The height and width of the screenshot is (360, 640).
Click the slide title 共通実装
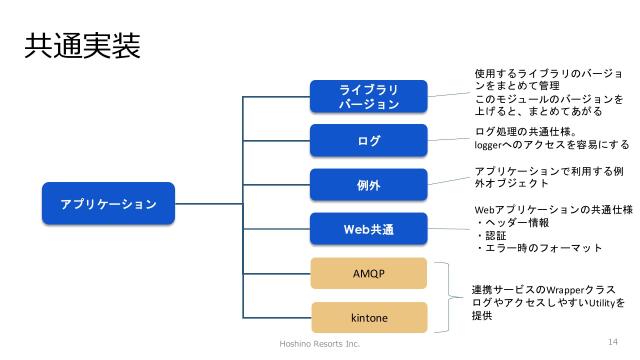click(81, 47)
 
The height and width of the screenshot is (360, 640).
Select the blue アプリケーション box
click(108, 203)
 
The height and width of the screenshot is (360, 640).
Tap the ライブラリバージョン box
click(369, 96)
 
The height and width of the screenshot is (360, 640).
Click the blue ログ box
click(369, 141)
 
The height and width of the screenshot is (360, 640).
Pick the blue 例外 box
click(369, 185)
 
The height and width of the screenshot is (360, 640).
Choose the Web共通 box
click(369, 229)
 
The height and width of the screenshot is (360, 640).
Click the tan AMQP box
click(369, 273)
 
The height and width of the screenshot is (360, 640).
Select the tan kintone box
click(369, 317)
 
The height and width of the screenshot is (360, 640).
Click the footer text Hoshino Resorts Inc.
click(318, 343)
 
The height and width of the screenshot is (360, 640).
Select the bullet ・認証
click(493, 235)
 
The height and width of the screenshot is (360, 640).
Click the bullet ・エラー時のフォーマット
click(538, 248)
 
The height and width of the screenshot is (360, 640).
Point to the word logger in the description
click(490, 144)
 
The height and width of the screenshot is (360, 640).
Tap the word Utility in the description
click(597, 302)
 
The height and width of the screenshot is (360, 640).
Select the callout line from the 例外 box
click(450, 181)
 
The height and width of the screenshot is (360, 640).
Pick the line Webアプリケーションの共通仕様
click(552, 209)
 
